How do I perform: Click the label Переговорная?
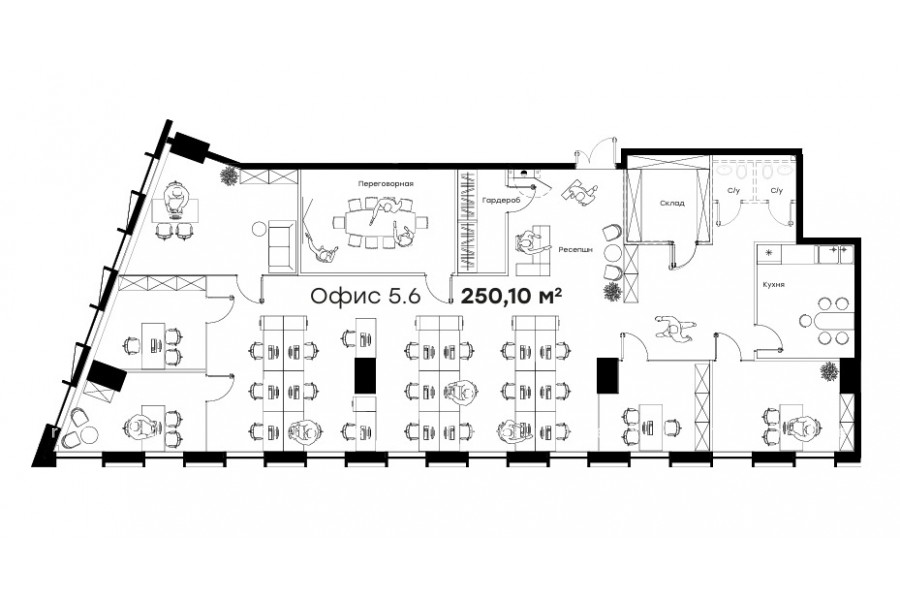pyautogui.click(x=385, y=184)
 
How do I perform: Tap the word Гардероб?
pyautogui.click(x=501, y=201)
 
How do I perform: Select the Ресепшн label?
pyautogui.click(x=576, y=250)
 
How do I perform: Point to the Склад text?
pyautogui.click(x=672, y=203)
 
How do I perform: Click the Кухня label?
pyautogui.click(x=774, y=284)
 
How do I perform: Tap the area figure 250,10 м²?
pyautogui.click(x=511, y=296)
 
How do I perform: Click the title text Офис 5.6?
pyautogui.click(x=366, y=296)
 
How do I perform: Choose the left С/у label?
pyautogui.click(x=734, y=191)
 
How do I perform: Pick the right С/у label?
pyautogui.click(x=776, y=191)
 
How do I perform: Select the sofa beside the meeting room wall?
pyautogui.click(x=280, y=246)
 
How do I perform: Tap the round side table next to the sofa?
pyautogui.click(x=258, y=229)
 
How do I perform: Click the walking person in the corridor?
pyautogui.click(x=674, y=328)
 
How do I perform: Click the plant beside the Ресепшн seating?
pyautogui.click(x=612, y=291)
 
